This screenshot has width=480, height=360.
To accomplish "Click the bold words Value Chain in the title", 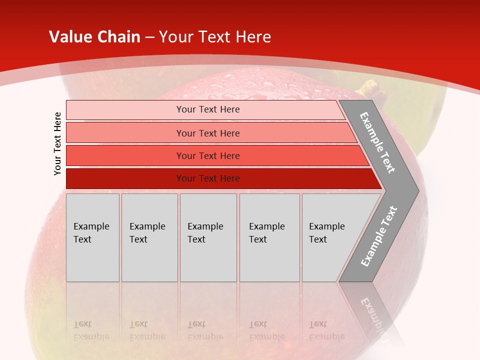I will coord(94,37).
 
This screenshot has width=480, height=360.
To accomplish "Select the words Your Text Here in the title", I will coord(215,37).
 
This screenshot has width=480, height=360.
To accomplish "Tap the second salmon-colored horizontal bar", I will coord(208,133).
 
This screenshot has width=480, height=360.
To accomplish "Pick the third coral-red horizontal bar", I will coord(208,155).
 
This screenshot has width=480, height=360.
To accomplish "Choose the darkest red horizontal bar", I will coord(208,178).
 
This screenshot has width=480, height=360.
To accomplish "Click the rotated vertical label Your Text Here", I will coord(57,144).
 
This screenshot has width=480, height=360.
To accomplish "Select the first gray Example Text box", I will coord(92,237).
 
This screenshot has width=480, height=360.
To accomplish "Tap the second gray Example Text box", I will coord(149,237).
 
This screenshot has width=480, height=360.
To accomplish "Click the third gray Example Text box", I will coord(208,237).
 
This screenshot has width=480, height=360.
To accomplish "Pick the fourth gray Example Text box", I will coord(269,237).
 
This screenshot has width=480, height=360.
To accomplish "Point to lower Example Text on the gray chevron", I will coord(379,236).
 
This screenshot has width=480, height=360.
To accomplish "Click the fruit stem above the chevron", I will coord(368,88).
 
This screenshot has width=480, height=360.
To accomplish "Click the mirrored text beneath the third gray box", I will coord(205,330).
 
